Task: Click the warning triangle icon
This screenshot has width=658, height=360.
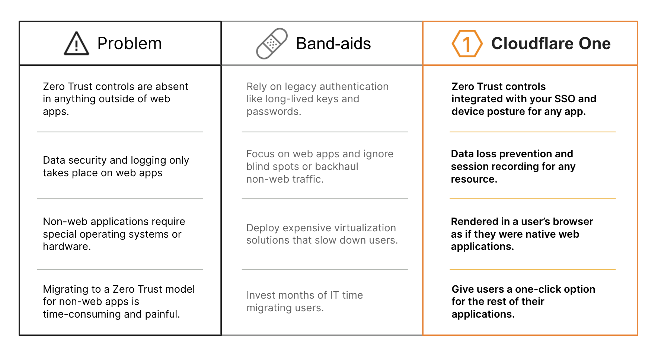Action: (76, 44)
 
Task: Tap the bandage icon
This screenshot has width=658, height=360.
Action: (272, 44)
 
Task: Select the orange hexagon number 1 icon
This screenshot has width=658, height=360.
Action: (467, 44)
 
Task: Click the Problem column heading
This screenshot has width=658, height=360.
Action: (130, 44)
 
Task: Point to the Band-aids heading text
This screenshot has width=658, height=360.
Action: (333, 44)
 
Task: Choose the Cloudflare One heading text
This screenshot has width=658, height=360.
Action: (551, 44)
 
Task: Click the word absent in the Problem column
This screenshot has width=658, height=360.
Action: (172, 87)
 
